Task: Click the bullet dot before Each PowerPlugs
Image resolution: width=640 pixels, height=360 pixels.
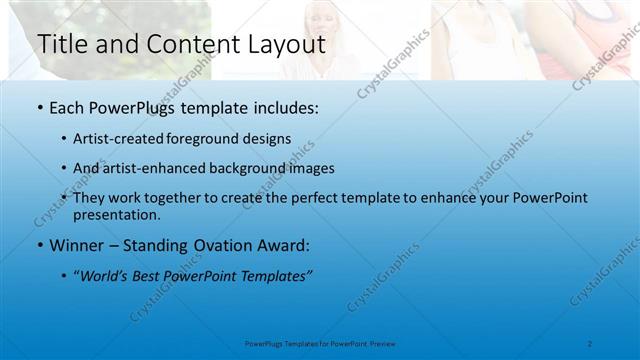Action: click(39, 107)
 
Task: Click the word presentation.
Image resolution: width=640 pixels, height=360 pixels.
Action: click(124, 214)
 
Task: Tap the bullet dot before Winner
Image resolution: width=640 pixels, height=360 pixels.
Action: click(39, 245)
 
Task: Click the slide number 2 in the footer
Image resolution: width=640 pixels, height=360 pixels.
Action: click(590, 343)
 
